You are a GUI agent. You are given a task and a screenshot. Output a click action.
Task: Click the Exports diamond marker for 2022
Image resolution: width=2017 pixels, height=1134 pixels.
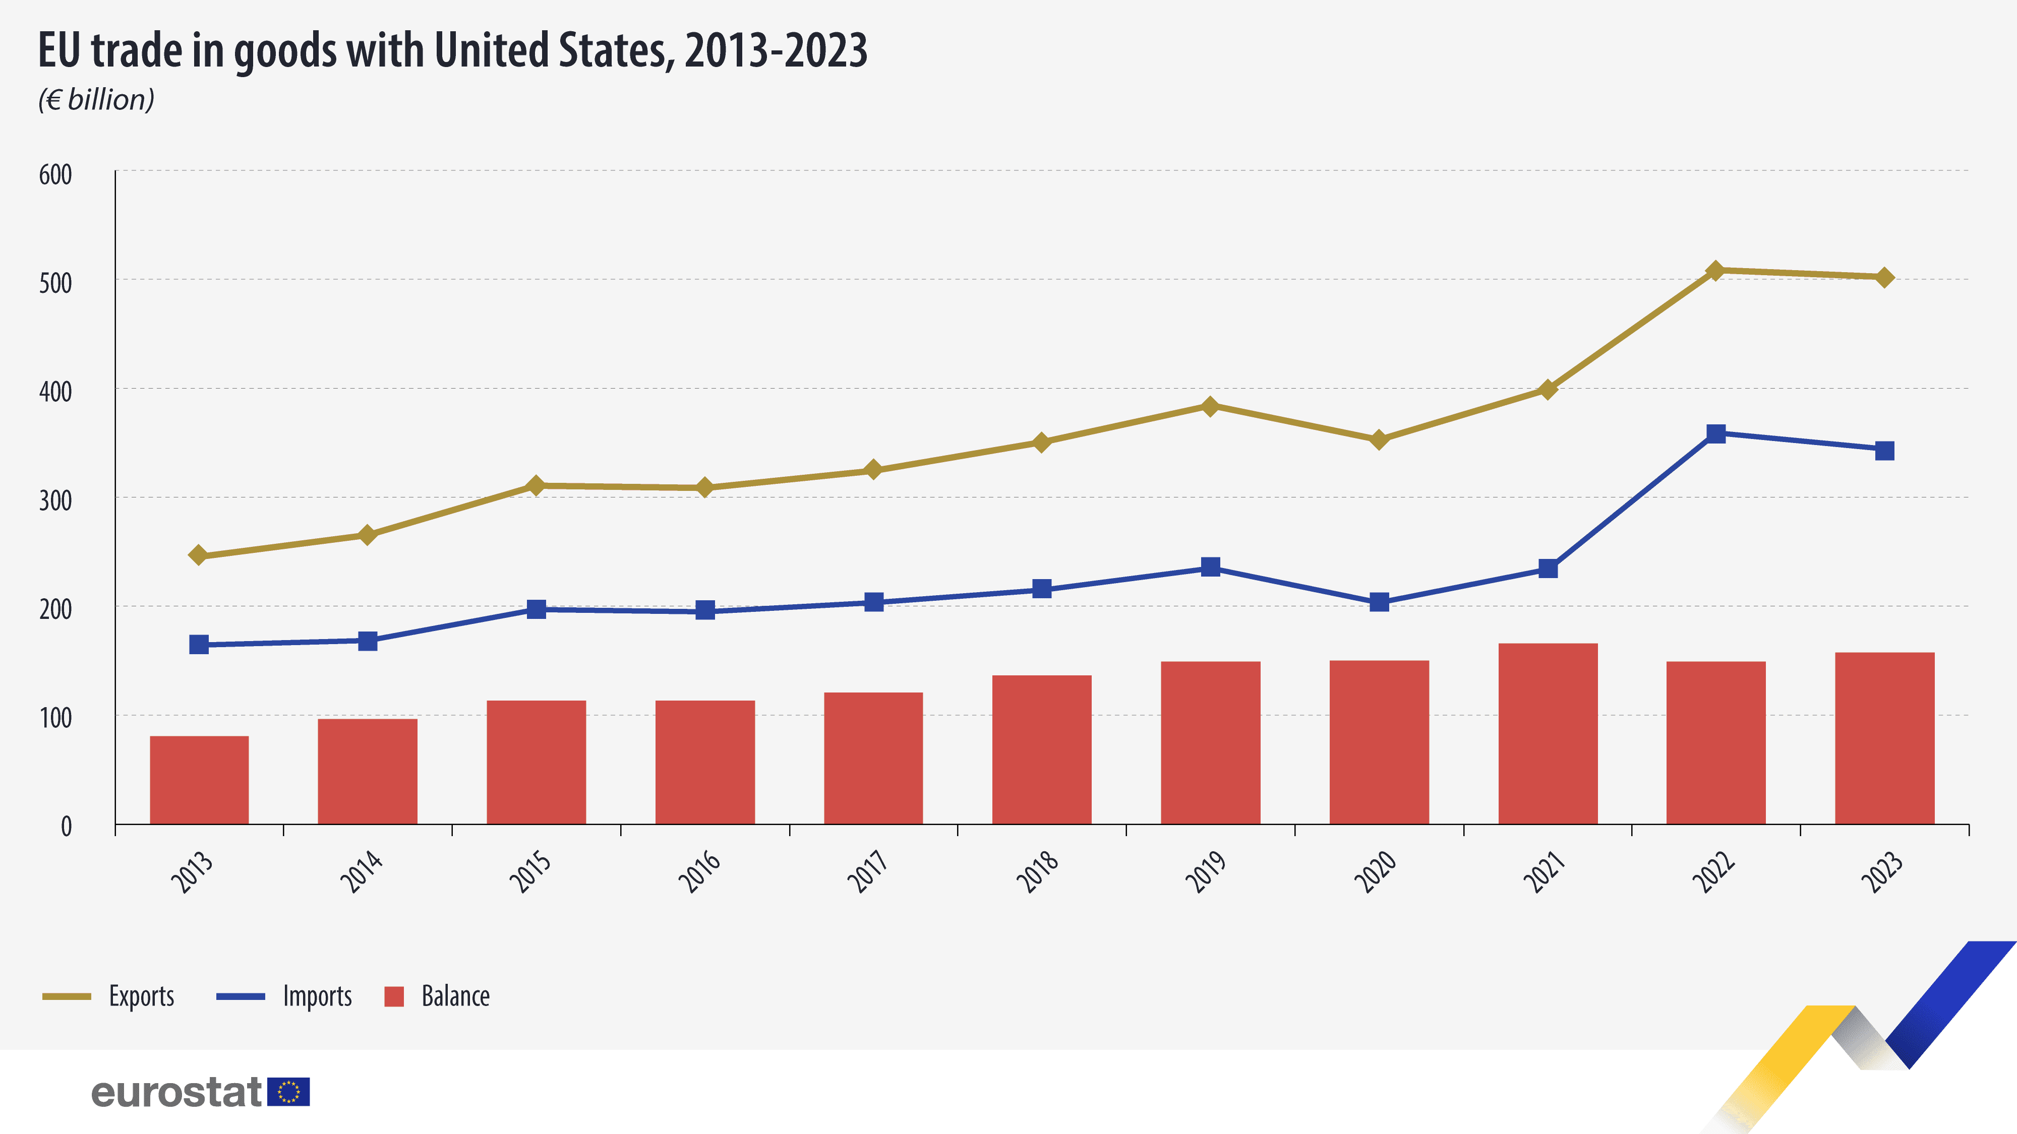click(1715, 271)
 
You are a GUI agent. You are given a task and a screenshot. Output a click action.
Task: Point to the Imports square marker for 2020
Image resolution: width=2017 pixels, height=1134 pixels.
click(1379, 602)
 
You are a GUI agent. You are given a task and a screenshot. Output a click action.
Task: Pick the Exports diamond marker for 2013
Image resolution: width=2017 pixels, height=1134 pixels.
click(198, 555)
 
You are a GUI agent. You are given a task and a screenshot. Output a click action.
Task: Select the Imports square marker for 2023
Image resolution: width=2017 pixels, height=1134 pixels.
click(1885, 451)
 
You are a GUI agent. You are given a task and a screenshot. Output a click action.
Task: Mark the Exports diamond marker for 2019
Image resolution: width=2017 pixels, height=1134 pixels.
click(1210, 406)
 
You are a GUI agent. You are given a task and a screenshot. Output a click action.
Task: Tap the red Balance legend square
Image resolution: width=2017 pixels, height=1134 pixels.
click(394, 996)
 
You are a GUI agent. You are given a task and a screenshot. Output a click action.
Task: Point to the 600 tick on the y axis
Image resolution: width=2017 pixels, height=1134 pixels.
click(55, 174)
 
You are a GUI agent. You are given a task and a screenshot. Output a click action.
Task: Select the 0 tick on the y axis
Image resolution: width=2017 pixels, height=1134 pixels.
click(66, 827)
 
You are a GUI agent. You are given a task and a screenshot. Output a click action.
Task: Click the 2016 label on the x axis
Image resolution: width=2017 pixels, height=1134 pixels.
click(699, 871)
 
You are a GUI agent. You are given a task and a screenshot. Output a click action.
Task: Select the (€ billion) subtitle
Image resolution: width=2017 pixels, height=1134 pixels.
click(96, 99)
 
